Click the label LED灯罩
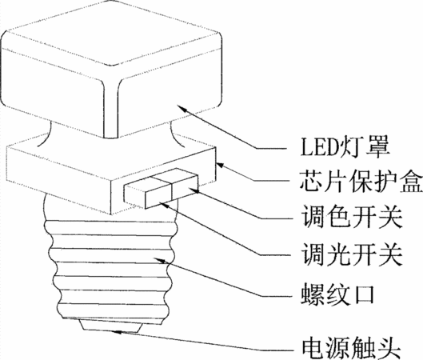coord(345,148)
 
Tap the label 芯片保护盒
coord(361,181)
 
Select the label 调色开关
coord(352,217)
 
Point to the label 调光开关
coord(352,254)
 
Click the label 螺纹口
coord(337,295)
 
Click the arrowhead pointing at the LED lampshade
coord(182,109)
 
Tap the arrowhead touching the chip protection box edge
coord(221,165)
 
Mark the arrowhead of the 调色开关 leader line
coord(194,190)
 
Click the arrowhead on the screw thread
coord(159,260)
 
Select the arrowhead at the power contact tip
coord(117,331)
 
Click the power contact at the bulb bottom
coord(111,326)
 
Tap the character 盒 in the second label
coord(410,181)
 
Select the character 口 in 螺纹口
coord(364,295)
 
